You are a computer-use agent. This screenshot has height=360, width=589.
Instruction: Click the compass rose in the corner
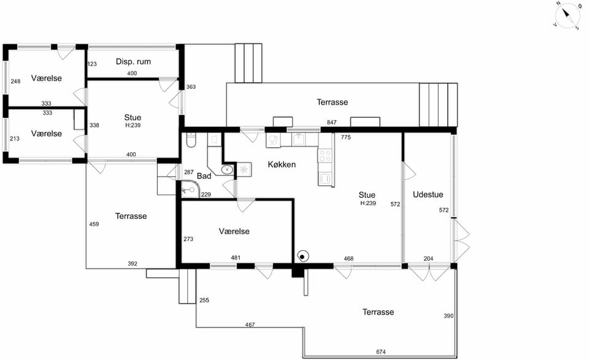coord(568,15)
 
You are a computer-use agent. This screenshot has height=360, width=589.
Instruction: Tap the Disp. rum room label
coord(133,61)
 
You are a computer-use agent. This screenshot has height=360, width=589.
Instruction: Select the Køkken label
coord(282,164)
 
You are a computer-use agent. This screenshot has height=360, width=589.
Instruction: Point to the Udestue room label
coord(428,194)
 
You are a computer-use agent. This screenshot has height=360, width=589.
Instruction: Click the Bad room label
coord(204,176)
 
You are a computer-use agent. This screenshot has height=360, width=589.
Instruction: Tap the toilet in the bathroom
coord(191,140)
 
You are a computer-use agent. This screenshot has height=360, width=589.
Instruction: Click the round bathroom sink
coord(227,170)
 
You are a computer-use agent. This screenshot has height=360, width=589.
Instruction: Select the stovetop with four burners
coord(325,156)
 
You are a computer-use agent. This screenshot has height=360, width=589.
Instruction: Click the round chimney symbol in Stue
coord(302,257)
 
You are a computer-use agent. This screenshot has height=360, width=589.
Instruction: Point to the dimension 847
coord(332,123)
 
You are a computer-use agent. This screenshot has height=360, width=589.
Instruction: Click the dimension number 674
coord(381,352)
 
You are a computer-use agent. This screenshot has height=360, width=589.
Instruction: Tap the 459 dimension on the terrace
coord(94,224)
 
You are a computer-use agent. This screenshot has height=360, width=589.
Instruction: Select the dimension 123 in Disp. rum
coord(92,64)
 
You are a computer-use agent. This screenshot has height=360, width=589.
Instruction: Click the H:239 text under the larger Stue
coord(368,203)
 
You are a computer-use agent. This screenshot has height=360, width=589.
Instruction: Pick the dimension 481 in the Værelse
coord(236,258)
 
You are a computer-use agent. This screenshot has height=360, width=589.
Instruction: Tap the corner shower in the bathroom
coord(190,190)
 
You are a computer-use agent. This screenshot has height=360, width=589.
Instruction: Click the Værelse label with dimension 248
coord(47,78)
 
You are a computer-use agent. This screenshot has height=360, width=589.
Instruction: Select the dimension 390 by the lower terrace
coord(448,316)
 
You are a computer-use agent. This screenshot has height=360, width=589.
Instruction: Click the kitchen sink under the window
coord(299,140)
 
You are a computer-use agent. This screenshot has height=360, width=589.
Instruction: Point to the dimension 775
coord(346,137)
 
